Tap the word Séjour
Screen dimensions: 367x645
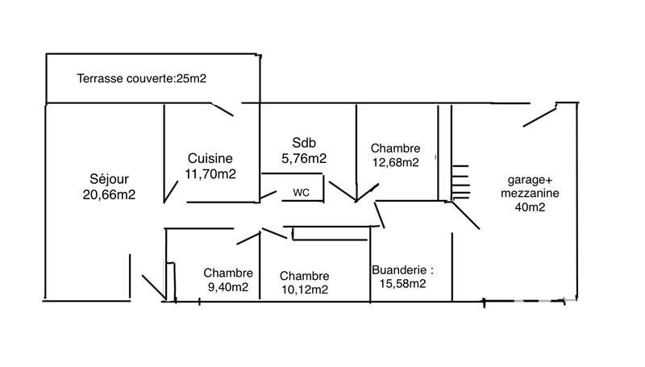tap(109, 179)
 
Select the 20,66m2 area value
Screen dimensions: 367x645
tap(109, 194)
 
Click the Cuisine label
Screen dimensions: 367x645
tap(210, 158)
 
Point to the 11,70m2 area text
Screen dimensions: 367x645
tap(210, 173)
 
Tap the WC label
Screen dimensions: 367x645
tap(301, 193)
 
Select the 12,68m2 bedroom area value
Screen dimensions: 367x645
tap(395, 162)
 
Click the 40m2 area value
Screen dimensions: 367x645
tap(529, 208)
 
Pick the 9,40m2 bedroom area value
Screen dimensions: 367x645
tap(228, 286)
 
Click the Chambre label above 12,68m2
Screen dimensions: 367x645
tap(395, 148)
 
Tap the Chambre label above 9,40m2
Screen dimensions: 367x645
tap(228, 273)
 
